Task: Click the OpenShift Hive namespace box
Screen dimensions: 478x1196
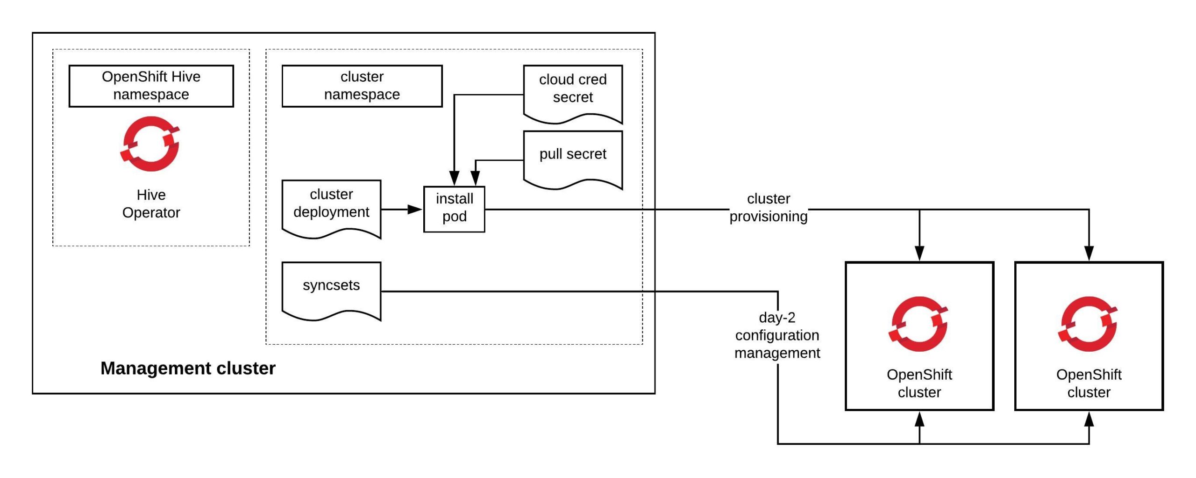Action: click(x=151, y=86)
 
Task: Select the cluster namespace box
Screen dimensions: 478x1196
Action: click(x=362, y=86)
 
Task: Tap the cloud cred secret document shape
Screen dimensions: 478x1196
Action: click(x=573, y=91)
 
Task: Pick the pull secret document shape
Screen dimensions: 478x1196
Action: click(x=573, y=157)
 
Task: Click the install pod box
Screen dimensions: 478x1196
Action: click(x=454, y=209)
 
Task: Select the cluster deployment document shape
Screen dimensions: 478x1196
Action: click(x=331, y=206)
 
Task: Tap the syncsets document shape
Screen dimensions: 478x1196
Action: click(x=331, y=288)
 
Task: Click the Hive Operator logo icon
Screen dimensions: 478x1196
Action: click(x=150, y=144)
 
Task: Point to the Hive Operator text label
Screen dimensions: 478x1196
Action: click(x=151, y=203)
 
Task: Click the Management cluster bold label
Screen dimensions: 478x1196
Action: click(x=188, y=368)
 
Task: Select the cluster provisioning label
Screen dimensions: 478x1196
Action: click(x=769, y=207)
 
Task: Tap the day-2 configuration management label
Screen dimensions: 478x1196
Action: click(x=777, y=335)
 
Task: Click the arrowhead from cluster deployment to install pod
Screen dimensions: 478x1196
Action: click(x=415, y=209)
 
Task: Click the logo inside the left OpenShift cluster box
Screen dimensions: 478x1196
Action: click(x=918, y=324)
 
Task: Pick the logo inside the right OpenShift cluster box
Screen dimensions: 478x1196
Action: click(x=1088, y=324)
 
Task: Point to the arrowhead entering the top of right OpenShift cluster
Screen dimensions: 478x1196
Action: click(x=1089, y=253)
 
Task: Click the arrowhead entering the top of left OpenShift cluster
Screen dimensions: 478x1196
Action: click(x=919, y=253)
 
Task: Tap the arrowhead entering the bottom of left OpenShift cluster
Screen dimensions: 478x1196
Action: click(x=919, y=419)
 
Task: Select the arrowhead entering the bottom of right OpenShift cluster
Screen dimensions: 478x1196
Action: click(x=1089, y=419)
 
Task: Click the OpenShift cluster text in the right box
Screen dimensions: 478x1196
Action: click(x=1089, y=383)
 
